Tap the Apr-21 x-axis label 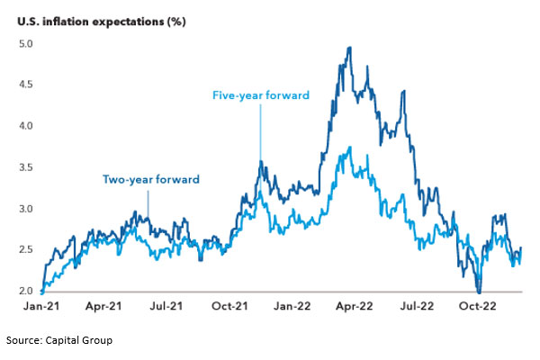click(x=103, y=307)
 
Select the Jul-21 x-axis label click(x=163, y=307)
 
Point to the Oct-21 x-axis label click(x=225, y=307)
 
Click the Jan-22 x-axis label click(x=287, y=307)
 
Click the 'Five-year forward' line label click(x=260, y=94)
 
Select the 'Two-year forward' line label click(x=149, y=180)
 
